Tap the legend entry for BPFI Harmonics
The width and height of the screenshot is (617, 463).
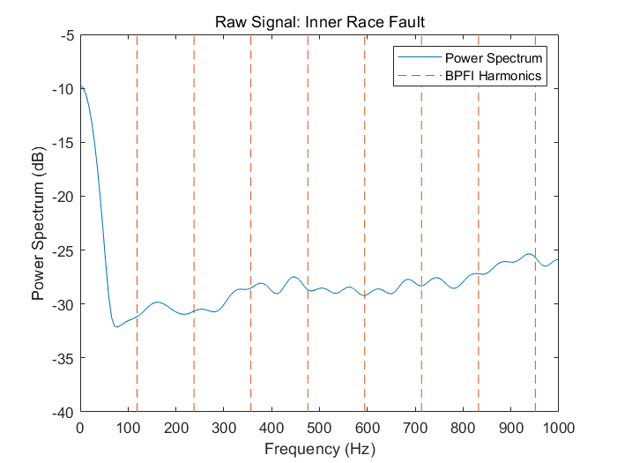(x=492, y=76)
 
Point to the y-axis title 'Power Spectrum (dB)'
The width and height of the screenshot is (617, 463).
(x=39, y=224)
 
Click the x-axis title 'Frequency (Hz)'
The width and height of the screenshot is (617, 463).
(x=319, y=449)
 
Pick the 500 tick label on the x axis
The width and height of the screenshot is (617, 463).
(x=319, y=428)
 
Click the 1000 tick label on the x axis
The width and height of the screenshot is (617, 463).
(x=557, y=428)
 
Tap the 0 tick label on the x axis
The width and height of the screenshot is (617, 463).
(x=80, y=428)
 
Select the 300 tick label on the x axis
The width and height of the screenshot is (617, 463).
(x=224, y=428)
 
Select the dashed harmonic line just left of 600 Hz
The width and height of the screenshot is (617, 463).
(x=364, y=176)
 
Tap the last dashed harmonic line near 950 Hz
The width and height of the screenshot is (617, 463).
(x=535, y=176)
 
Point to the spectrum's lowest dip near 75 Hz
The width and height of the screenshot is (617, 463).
(x=116, y=326)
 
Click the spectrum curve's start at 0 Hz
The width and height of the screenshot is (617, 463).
(x=81, y=86)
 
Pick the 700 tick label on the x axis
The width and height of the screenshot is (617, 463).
(x=414, y=428)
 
